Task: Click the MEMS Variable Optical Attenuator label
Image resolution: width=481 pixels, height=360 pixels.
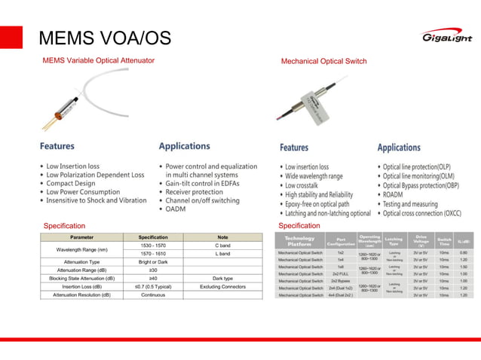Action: [99, 60]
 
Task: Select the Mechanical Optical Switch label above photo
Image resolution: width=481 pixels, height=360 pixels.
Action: [323, 61]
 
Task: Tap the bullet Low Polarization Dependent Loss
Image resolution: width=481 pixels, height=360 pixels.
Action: [95, 175]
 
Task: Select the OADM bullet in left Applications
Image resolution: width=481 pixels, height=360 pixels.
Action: [176, 209]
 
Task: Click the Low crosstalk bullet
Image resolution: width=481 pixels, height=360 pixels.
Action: [310, 185]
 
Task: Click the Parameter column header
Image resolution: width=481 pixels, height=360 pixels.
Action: [81, 237]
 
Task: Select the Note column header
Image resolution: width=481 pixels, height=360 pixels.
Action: [222, 237]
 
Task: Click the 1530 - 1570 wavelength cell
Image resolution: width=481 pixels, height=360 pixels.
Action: [153, 246]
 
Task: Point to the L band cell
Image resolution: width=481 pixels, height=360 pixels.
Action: [222, 254]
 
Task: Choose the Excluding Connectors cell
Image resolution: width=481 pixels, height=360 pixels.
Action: [222, 287]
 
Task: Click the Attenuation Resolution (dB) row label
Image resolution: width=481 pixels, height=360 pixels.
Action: [81, 295]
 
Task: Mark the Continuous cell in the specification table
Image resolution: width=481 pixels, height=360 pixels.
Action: [153, 295]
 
